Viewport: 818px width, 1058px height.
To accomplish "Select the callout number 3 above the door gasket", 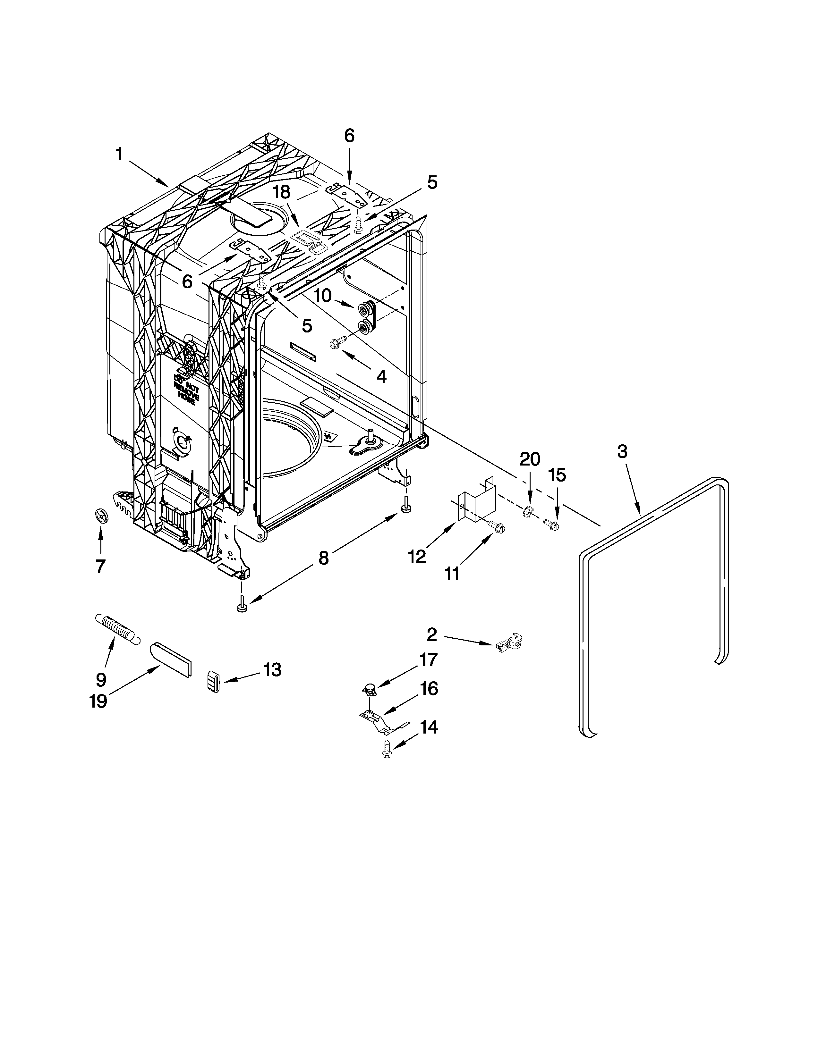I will click(622, 452).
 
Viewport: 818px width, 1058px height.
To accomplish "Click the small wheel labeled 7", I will click(101, 516).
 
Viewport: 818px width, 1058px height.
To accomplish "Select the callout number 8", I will click(324, 558).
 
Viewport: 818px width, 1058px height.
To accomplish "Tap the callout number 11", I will click(452, 574).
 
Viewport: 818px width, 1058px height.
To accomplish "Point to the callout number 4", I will click(381, 376).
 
